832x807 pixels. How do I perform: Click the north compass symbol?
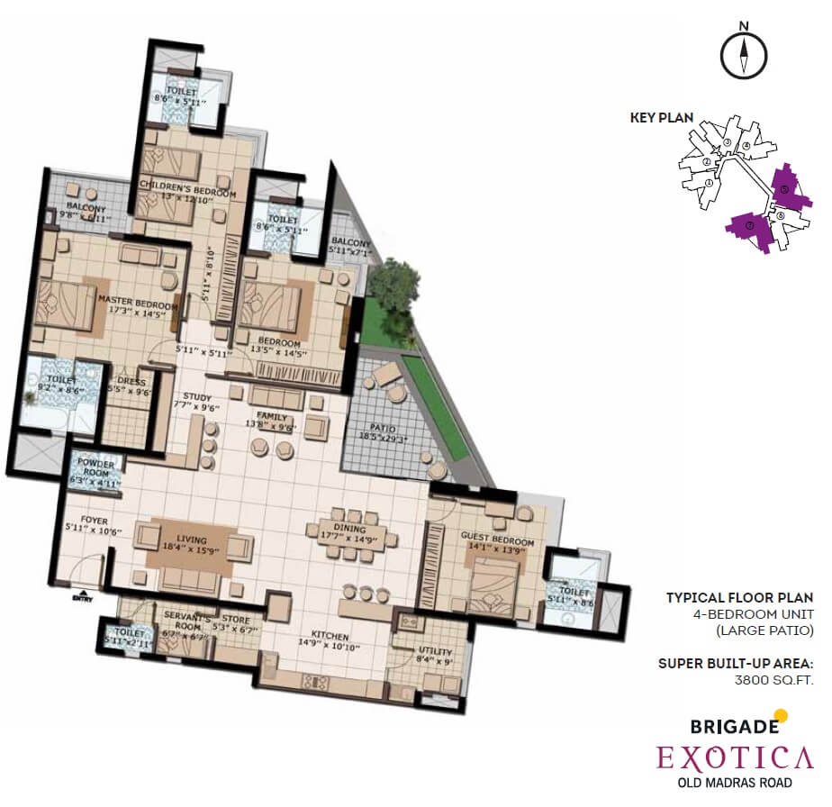tap(745, 53)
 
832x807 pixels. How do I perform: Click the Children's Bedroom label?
tap(187, 194)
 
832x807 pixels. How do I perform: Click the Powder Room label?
tap(95, 469)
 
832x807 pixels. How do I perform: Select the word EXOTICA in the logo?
tap(735, 757)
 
